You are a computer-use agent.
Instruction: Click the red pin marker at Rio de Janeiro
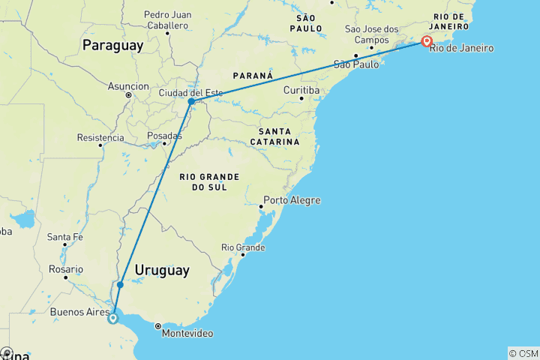coord(427,41)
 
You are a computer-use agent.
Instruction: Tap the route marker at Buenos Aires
coord(112,318)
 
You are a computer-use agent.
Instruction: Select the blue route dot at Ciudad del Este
coord(191,101)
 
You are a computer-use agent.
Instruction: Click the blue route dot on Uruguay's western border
coord(120,285)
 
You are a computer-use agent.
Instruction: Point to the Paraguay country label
coord(112,46)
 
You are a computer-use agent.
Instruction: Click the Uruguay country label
coord(162,270)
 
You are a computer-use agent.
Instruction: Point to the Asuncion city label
coord(128,86)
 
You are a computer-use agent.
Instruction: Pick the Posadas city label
coord(164,136)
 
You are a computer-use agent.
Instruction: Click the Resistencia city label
coord(100,138)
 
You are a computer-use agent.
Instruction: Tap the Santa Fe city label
coord(64,237)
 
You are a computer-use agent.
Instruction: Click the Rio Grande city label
coord(242,247)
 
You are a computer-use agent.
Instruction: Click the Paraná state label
coord(252,76)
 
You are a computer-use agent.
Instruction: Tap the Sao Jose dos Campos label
coord(371,34)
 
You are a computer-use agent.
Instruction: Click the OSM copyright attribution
coord(523,353)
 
